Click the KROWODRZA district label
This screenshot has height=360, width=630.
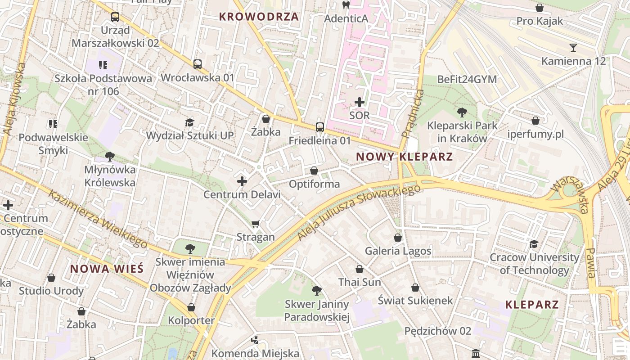tap(259, 17)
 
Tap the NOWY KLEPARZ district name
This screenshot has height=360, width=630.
tap(404, 157)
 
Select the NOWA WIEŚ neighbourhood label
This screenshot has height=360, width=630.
tap(107, 269)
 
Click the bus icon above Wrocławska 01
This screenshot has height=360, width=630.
tap(198, 64)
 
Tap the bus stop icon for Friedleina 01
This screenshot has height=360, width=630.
tap(319, 127)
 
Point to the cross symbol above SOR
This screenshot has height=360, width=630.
tap(360, 102)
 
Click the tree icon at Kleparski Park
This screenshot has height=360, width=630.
tap(462, 112)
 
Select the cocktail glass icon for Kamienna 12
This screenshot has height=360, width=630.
tap(573, 48)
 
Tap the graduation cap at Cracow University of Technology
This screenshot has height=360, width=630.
tap(534, 244)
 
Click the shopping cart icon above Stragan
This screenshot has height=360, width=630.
tap(256, 224)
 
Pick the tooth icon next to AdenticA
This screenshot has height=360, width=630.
tap(346, 5)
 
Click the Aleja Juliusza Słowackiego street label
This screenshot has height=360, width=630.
tap(359, 212)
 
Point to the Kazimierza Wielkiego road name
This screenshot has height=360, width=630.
tap(97, 219)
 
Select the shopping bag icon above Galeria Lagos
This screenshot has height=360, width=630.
tap(397, 238)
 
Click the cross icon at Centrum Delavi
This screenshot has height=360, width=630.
tap(242, 181)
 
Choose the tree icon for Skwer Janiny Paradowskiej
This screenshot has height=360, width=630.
tap(317, 291)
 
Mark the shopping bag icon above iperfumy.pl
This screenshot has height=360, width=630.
tap(535, 121)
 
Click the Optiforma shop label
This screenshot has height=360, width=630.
tap(314, 184)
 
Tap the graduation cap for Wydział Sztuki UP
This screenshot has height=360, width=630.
tap(190, 122)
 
